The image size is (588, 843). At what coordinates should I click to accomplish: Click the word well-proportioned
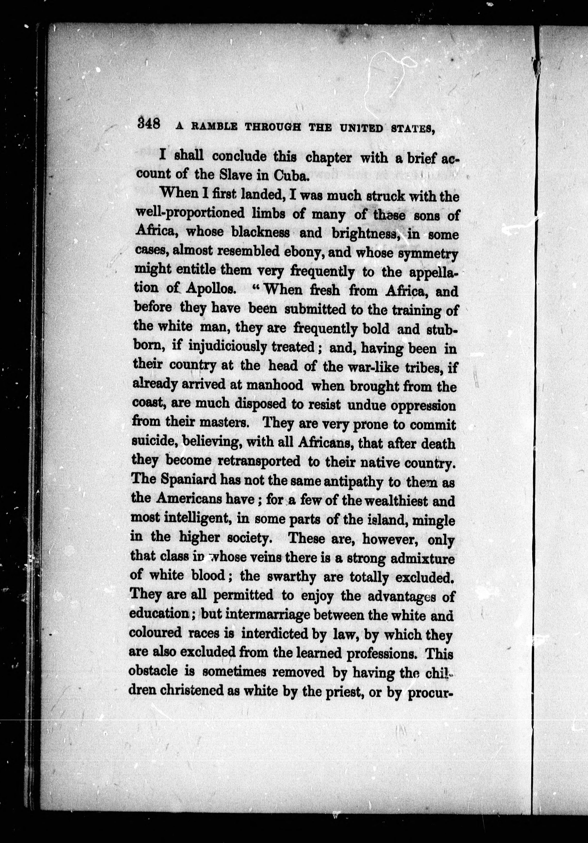pos(190,214)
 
